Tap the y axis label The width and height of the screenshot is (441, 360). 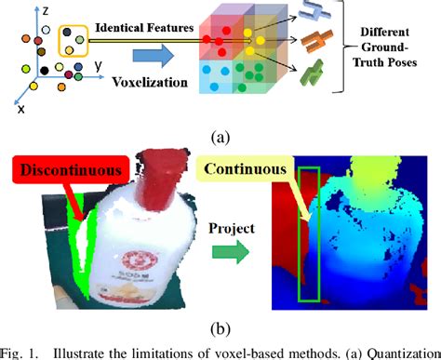(98, 68)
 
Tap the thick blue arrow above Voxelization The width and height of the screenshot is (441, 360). (150, 58)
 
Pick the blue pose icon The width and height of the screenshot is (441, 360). (325, 17)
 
